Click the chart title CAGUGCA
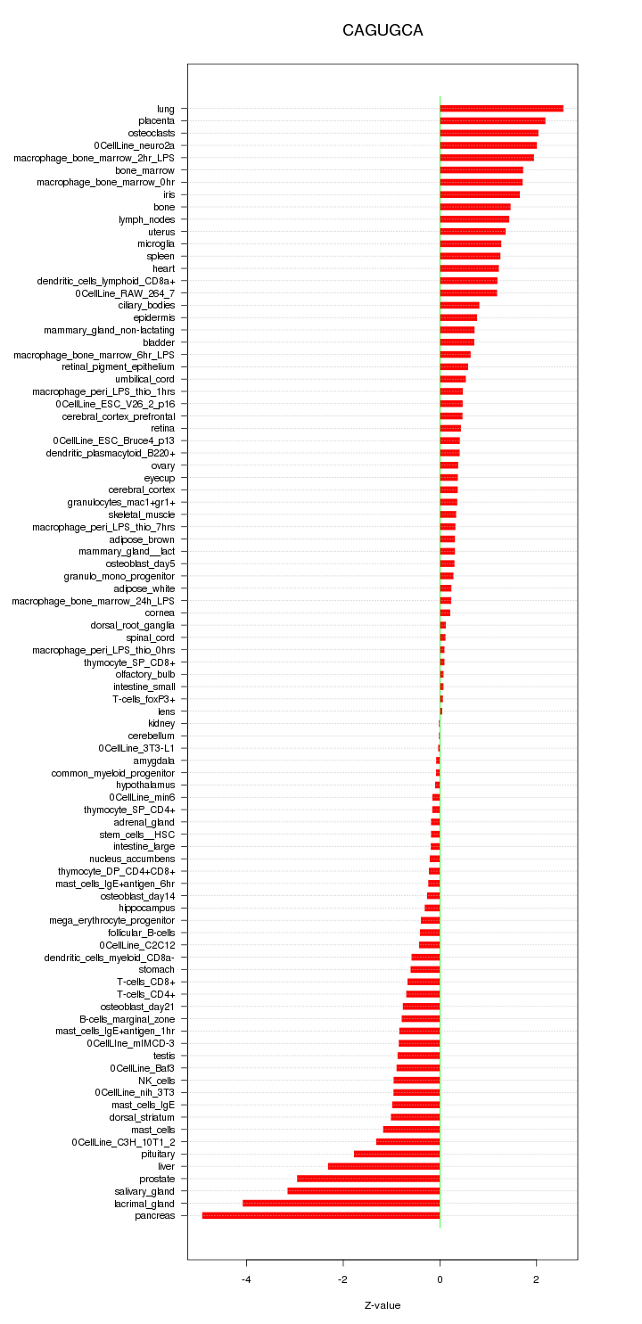[383, 31]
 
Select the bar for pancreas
[321, 1215]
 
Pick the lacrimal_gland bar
[342, 1203]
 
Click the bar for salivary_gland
[364, 1191]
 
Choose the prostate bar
[368, 1179]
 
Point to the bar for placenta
[492, 120]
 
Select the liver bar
[384, 1166]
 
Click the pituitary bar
[397, 1154]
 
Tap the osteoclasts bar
[489, 133]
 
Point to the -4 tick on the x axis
[246, 1280]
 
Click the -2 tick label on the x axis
[342, 1280]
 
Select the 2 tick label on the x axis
[536, 1280]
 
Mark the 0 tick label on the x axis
[440, 1280]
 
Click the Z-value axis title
[383, 1305]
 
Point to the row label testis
[164, 1056]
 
